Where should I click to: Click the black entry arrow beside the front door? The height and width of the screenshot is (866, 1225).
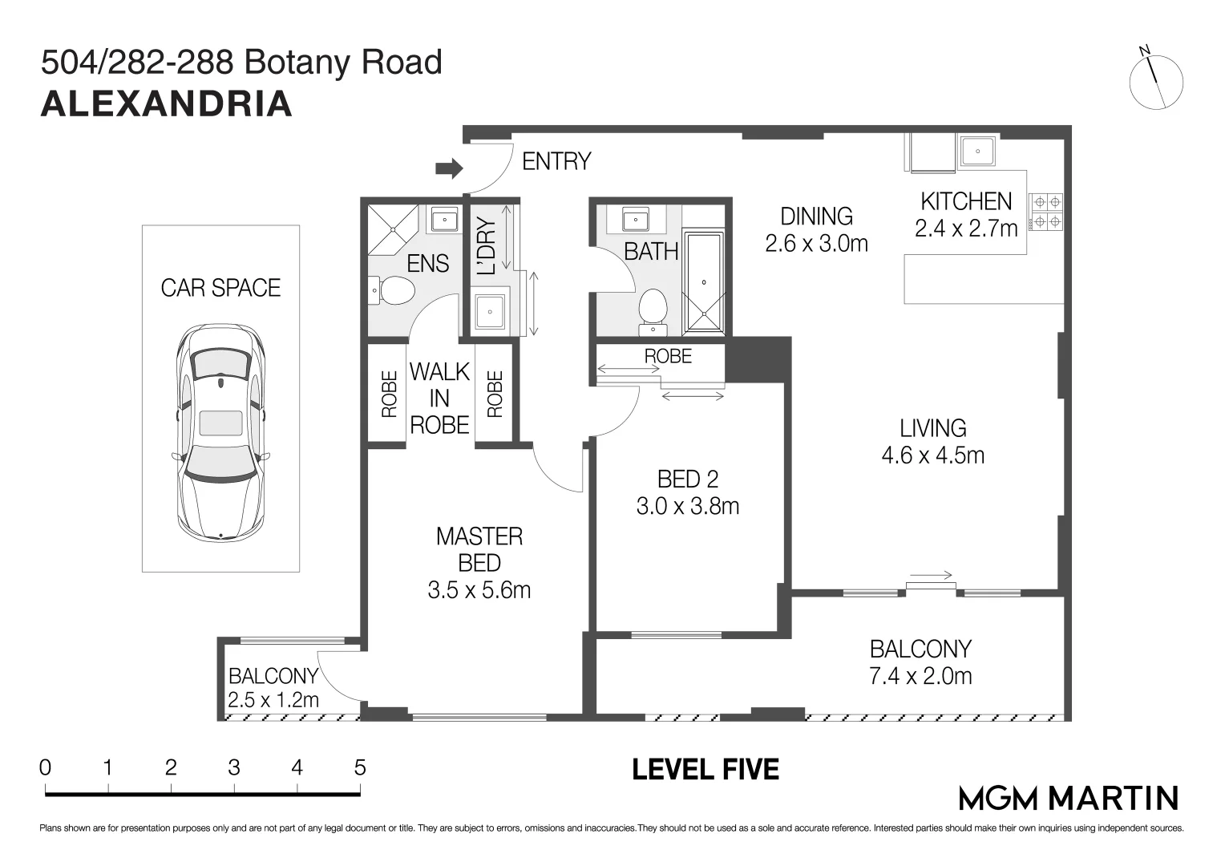(x=449, y=168)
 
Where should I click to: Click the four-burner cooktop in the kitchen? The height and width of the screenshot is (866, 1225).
(x=1047, y=212)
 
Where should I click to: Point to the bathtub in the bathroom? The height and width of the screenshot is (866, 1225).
(x=704, y=282)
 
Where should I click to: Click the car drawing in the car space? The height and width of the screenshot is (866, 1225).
(x=221, y=433)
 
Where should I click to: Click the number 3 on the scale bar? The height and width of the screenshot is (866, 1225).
(x=234, y=767)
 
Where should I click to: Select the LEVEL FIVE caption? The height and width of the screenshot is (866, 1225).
(x=705, y=769)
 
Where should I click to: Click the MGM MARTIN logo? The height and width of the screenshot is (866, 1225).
(x=1069, y=798)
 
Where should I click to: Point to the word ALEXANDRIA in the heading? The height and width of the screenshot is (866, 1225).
(x=166, y=104)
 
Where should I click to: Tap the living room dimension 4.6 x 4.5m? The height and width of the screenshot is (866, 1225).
(x=933, y=455)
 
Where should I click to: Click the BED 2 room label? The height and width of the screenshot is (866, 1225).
(x=687, y=480)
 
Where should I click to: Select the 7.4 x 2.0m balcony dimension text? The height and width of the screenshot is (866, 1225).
(x=920, y=676)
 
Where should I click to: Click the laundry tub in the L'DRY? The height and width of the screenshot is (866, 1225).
(x=489, y=311)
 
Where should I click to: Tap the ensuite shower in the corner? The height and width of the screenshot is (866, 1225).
(x=393, y=230)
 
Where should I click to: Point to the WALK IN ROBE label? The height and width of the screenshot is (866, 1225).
(x=439, y=399)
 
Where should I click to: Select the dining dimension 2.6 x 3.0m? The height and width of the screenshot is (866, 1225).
(x=816, y=244)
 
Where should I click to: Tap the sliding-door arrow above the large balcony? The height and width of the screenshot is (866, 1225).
(x=931, y=575)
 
